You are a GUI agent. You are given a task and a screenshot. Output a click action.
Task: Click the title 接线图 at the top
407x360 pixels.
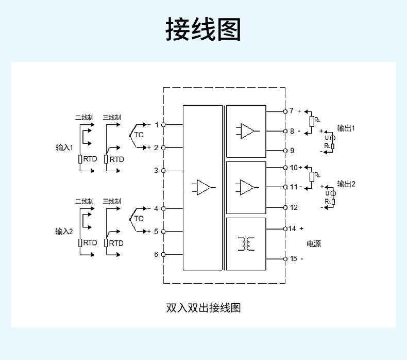(203, 29)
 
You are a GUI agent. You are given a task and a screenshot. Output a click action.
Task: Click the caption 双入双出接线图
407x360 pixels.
(203, 308)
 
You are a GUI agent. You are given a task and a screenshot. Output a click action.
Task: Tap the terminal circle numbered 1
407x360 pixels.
(163, 125)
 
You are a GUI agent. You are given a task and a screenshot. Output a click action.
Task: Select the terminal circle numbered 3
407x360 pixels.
(163, 170)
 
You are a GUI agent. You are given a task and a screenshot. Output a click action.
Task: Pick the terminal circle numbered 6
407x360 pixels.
(163, 254)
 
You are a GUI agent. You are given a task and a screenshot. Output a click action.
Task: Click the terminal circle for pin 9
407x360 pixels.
(284, 151)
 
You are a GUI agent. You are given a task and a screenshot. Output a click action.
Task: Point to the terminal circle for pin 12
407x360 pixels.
(284, 207)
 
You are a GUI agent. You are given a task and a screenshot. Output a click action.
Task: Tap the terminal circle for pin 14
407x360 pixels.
(284, 228)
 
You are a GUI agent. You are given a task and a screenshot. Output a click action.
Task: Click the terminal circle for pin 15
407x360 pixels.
(284, 258)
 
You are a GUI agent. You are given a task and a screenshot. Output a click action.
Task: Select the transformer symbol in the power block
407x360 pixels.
(246, 244)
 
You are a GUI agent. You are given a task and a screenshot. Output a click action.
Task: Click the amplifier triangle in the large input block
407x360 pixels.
(203, 187)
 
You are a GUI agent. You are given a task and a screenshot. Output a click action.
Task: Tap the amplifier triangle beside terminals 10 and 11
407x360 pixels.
(247, 187)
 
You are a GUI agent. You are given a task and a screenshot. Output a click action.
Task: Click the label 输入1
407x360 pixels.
(65, 148)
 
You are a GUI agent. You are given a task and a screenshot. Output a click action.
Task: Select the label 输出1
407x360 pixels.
(346, 128)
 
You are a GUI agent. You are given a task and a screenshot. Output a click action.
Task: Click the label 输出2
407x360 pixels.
(346, 184)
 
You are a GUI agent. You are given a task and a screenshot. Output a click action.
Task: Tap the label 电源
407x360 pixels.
(314, 243)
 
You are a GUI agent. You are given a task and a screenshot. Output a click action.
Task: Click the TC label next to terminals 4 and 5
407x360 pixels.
(139, 219)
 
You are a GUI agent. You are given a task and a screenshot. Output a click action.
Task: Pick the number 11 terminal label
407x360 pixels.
(293, 187)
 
